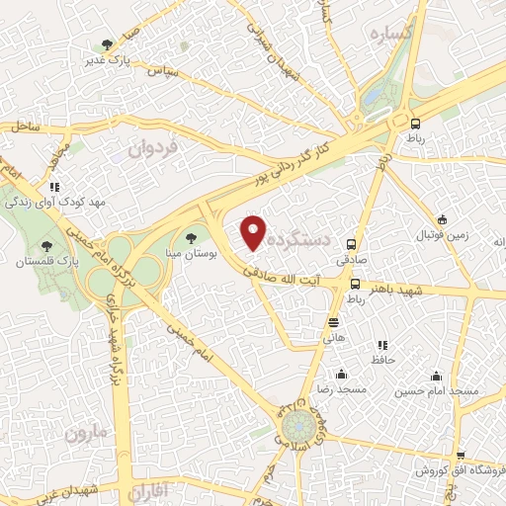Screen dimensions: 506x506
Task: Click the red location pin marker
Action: click(x=254, y=232)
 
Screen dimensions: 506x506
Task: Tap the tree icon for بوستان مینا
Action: click(x=191, y=237)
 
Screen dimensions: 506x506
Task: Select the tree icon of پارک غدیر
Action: click(x=106, y=43)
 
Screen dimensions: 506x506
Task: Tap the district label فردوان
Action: click(x=155, y=149)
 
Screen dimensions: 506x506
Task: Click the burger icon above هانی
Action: click(x=334, y=322)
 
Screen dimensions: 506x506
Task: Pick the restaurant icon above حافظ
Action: click(x=381, y=345)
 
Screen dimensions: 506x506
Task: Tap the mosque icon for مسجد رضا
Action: click(x=341, y=374)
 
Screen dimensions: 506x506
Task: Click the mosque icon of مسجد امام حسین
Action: click(x=436, y=376)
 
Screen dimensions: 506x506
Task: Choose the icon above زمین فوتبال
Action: click(x=442, y=219)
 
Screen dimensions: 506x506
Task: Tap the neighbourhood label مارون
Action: click(x=85, y=432)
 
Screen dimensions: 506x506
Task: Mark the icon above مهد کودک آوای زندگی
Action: click(x=55, y=186)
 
